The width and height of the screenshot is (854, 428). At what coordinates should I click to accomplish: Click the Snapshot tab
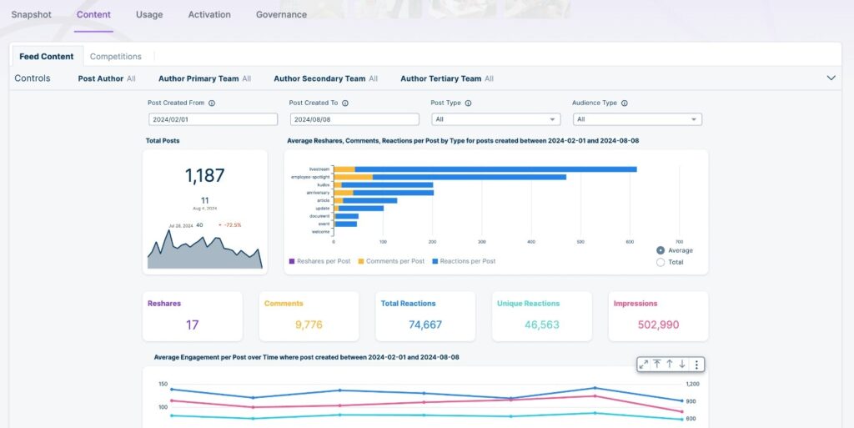tap(31, 15)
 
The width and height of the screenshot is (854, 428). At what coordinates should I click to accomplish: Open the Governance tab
tap(281, 15)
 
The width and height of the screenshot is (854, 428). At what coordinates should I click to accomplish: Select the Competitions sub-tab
tap(115, 57)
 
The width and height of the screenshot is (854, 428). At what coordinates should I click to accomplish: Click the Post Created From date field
tap(213, 119)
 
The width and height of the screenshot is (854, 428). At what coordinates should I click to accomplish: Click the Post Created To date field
tap(354, 119)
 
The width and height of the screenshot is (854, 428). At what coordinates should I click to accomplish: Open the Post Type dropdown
tap(495, 119)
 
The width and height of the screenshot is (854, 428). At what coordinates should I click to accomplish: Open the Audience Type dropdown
tap(636, 119)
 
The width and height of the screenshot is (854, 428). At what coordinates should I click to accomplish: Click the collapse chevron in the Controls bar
tap(831, 78)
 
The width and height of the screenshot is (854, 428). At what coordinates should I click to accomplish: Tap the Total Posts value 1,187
tap(205, 175)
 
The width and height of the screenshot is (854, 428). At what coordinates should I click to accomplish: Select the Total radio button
tap(661, 262)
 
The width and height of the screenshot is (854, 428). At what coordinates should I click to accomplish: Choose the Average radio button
tap(661, 250)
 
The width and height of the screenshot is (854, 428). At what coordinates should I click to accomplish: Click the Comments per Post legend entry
tap(391, 261)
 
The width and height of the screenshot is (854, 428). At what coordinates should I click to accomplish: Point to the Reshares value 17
tap(192, 325)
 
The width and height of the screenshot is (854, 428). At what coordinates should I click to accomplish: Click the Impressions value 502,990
tap(658, 325)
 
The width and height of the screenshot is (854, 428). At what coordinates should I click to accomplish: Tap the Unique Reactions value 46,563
tap(541, 325)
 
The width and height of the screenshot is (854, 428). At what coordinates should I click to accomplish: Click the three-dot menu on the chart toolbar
tap(697, 365)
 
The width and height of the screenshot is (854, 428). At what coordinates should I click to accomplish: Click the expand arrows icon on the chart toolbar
tap(643, 365)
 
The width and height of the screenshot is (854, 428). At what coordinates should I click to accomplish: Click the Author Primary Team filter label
tap(198, 78)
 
